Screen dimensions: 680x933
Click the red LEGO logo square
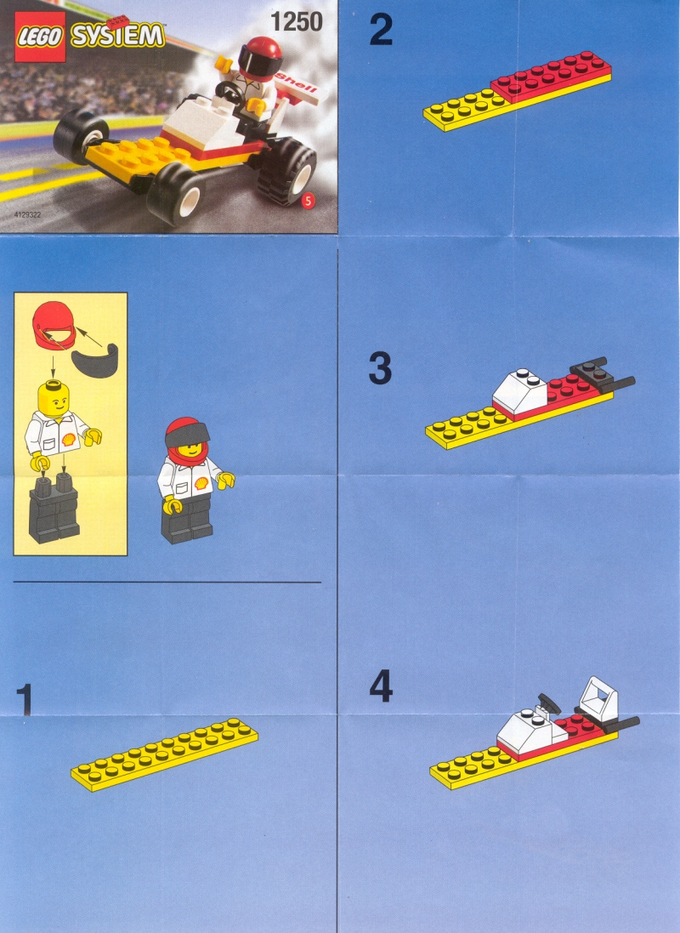coord(40,37)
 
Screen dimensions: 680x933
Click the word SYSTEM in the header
coord(118,35)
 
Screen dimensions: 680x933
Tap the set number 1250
coord(297,22)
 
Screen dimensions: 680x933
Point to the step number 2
coord(381,30)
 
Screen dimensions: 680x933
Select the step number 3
coord(380,368)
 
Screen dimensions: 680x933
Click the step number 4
coord(381,686)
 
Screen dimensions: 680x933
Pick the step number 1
coord(25,699)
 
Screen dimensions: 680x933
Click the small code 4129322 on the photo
coord(27,215)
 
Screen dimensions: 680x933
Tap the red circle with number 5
coord(308,201)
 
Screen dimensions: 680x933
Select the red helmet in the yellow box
coord(54,326)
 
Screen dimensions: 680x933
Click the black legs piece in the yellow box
coord(54,508)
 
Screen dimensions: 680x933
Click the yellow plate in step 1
coord(164,754)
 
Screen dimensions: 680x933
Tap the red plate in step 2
coord(550,75)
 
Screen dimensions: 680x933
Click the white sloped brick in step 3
coord(519,392)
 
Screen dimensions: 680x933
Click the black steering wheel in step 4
coord(548,703)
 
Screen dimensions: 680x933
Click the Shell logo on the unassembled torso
coord(69,439)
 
